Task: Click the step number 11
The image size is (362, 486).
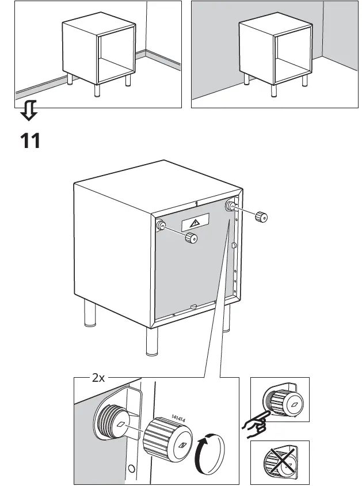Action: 31,140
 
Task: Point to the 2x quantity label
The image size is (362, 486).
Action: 98,378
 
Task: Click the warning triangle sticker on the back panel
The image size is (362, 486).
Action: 194,223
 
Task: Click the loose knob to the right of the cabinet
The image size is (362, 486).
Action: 261,217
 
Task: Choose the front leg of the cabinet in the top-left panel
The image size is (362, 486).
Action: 96,91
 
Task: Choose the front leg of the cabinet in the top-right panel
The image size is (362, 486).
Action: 273,90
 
